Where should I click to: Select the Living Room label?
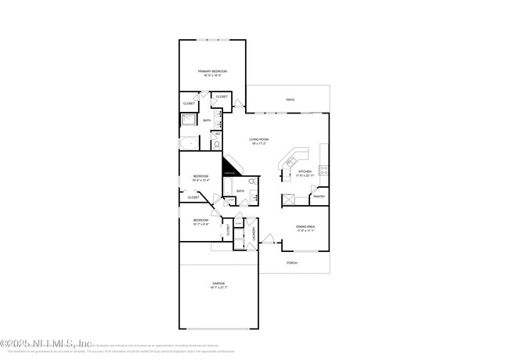tap(259, 139)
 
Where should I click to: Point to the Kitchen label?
tap(305, 171)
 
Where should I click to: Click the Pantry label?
tap(319, 196)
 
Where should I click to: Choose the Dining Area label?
tap(305, 227)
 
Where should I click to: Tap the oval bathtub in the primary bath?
tap(190, 143)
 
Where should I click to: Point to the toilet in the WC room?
tap(217, 145)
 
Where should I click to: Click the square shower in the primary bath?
tap(190, 121)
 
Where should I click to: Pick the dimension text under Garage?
tap(218, 289)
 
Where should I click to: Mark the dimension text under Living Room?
tap(259, 144)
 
